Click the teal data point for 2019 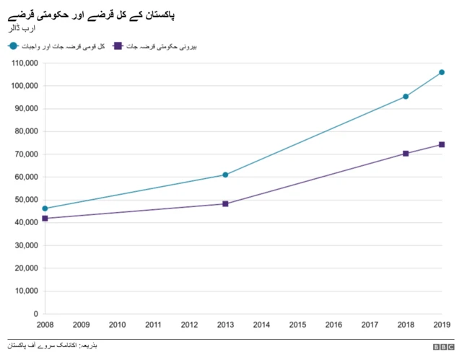click(x=442, y=72)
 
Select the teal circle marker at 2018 click(x=406, y=96)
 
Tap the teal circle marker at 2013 click(x=225, y=175)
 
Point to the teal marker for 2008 click(x=45, y=208)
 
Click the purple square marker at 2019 click(x=442, y=144)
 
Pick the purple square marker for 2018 click(x=406, y=153)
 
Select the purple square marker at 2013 click(x=225, y=203)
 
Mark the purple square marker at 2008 click(x=45, y=218)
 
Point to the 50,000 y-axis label click(x=25, y=200)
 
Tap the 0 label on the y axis click(x=35, y=314)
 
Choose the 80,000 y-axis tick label click(x=25, y=131)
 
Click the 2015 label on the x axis click(x=297, y=325)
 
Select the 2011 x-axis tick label click(x=153, y=325)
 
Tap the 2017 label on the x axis click(x=370, y=325)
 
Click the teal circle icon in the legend click(x=13, y=46)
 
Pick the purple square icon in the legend click(x=118, y=46)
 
